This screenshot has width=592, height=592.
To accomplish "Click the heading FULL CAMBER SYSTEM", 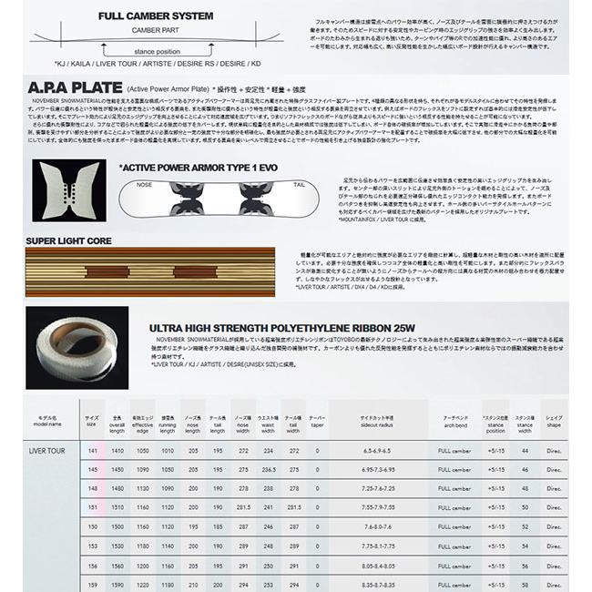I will coord(156,16).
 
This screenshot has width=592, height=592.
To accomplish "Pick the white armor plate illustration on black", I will coord(68,190).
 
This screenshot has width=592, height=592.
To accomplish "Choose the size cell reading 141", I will coord(92,451).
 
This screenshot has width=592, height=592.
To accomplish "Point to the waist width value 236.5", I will coord(268,469).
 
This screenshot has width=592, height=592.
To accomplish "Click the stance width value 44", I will coord(525,451).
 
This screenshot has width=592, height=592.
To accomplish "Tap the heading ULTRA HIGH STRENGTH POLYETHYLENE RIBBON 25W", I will coord(281,327).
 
